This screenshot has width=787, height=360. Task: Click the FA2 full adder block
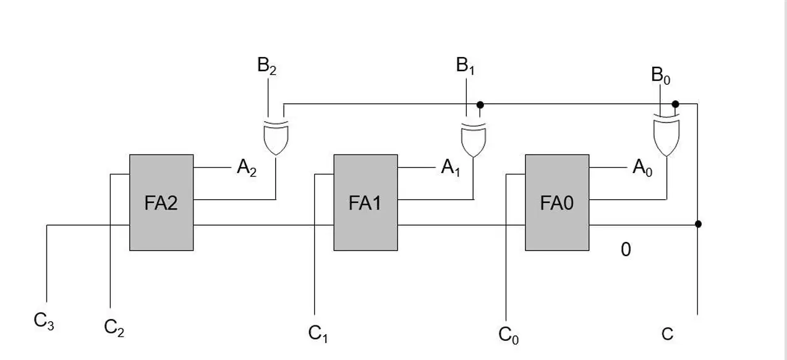(x=161, y=202)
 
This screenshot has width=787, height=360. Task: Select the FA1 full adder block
(x=365, y=202)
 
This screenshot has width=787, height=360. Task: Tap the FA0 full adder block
(x=557, y=202)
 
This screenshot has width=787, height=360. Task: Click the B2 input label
(x=266, y=66)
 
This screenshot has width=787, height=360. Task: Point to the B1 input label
(x=465, y=66)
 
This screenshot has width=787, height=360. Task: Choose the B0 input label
(x=660, y=75)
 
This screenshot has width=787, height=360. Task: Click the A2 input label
(x=247, y=168)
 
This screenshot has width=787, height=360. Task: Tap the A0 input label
(x=642, y=168)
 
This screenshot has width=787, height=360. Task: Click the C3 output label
(x=44, y=321)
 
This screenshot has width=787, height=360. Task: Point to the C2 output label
(x=114, y=328)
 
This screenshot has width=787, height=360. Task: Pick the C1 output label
(x=318, y=333)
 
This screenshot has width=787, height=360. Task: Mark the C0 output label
(x=508, y=335)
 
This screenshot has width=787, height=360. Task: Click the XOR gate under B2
(x=276, y=138)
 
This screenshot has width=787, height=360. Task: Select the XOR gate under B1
(x=474, y=140)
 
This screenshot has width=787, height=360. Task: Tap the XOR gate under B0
(x=666, y=135)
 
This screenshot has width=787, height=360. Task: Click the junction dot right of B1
(x=480, y=105)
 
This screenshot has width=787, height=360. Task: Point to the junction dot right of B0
(x=675, y=104)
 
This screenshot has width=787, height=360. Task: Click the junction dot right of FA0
(x=698, y=224)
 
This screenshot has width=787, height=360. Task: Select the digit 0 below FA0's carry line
(x=626, y=250)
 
